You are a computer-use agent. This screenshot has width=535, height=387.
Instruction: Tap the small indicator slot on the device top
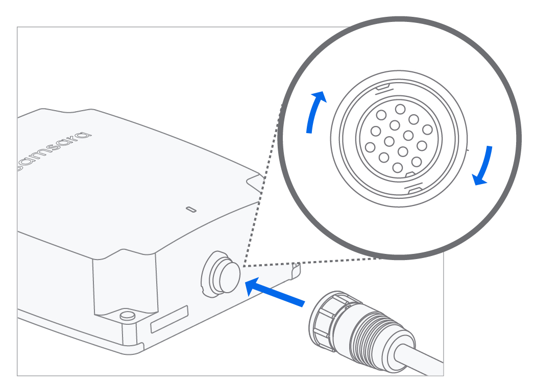point(191,209)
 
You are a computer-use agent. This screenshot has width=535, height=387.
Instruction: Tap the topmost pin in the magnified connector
point(400,109)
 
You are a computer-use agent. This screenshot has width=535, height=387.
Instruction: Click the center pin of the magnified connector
point(390,141)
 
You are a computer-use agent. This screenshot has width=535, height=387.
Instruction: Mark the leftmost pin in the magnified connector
point(370,147)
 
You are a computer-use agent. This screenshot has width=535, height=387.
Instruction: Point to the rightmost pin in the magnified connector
point(422,146)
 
